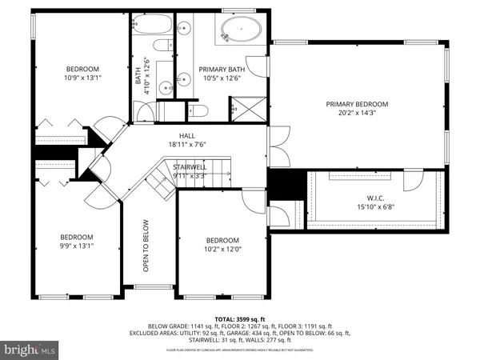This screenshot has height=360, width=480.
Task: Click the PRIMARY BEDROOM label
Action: [356, 104]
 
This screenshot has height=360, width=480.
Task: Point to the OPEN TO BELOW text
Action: [147, 241]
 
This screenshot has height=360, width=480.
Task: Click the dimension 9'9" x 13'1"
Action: [78, 246]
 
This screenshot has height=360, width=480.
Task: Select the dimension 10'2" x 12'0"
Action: [222, 250]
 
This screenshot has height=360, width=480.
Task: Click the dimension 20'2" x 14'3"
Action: [356, 114]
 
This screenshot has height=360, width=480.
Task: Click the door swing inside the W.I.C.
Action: [413, 182]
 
